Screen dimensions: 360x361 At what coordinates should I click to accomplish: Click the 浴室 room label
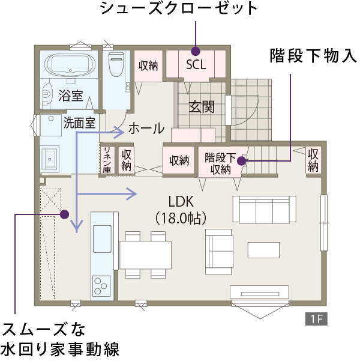click(x=71, y=96)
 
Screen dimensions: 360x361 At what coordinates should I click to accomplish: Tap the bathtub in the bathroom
click(x=70, y=64)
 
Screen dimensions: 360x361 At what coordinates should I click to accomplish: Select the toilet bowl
click(x=116, y=64)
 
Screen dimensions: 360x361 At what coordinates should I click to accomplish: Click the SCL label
click(x=196, y=65)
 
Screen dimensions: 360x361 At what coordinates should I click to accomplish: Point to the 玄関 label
click(x=202, y=107)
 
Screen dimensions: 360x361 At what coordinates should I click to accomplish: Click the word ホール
click(x=146, y=128)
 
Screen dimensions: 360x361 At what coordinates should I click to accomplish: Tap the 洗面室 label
click(x=79, y=123)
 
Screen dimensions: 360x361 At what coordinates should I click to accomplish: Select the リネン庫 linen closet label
click(x=107, y=160)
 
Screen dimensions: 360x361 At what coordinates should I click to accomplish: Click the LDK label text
click(x=181, y=202)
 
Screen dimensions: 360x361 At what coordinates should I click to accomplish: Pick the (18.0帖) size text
click(x=181, y=218)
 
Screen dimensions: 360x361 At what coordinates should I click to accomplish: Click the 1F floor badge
click(x=316, y=319)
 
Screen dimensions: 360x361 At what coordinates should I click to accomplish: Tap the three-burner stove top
click(x=101, y=286)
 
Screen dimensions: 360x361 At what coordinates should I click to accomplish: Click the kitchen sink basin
click(x=102, y=238)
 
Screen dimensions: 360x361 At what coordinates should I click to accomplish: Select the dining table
click(x=145, y=255)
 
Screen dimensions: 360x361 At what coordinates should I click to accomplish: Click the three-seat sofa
click(x=265, y=210)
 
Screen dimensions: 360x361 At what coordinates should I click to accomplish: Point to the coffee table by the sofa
click(x=263, y=250)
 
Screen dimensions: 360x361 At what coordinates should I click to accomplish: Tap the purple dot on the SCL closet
click(x=196, y=51)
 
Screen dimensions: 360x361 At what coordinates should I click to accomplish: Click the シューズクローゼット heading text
click(x=179, y=9)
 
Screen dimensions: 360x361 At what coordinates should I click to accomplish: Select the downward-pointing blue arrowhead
click(x=77, y=226)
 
